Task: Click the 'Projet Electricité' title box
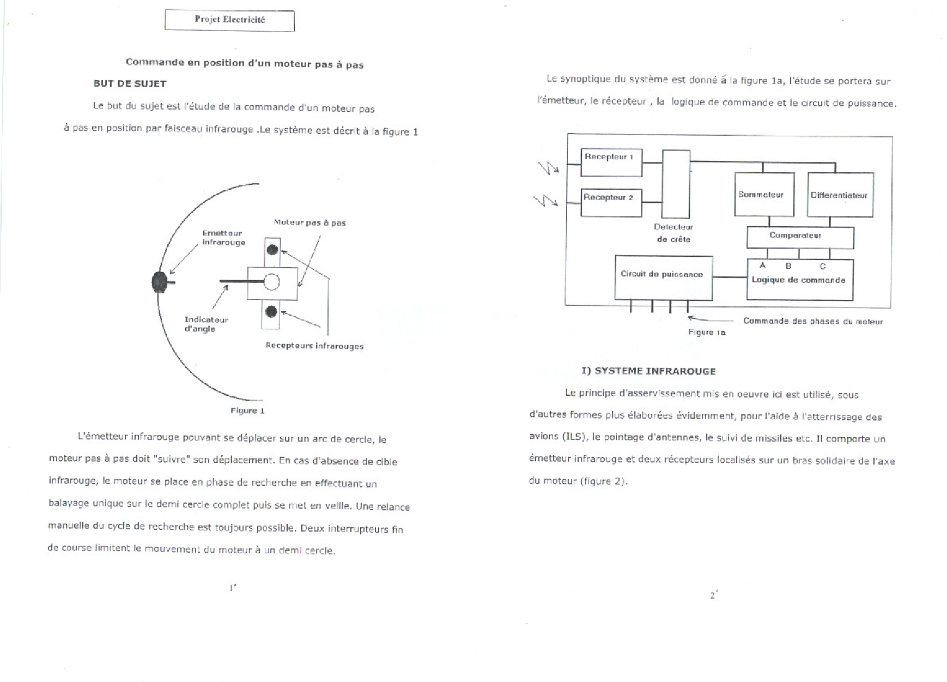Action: click(229, 20)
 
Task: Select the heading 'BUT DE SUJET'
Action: click(129, 83)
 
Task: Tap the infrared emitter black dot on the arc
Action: click(160, 282)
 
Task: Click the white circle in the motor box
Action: click(271, 282)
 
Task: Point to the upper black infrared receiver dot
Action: click(272, 250)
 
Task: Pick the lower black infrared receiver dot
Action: click(271, 312)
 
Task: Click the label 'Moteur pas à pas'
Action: click(309, 222)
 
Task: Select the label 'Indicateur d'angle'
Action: click(206, 324)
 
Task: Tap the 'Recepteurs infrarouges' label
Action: click(314, 346)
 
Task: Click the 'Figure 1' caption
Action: click(247, 411)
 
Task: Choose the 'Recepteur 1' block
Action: click(611, 162)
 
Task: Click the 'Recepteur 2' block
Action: click(611, 202)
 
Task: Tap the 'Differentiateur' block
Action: click(840, 195)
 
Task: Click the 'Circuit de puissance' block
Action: click(663, 277)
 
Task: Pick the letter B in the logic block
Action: click(788, 266)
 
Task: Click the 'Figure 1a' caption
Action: click(707, 332)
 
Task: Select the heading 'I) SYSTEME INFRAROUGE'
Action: click(648, 371)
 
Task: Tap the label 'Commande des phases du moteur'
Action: click(813, 321)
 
